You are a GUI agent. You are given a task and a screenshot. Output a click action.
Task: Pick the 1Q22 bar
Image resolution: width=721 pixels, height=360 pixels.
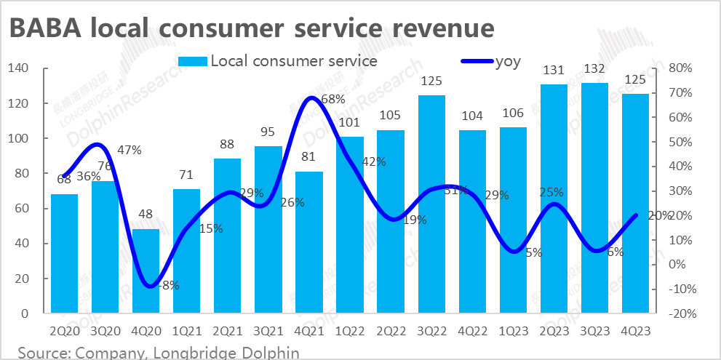(x=350, y=225)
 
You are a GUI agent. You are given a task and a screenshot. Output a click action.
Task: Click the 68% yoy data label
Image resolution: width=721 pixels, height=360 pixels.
(x=332, y=99)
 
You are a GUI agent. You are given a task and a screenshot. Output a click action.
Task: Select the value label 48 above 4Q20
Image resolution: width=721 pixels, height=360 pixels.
(x=146, y=215)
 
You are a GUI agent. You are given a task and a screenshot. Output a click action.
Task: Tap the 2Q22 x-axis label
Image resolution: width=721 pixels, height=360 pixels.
(x=391, y=332)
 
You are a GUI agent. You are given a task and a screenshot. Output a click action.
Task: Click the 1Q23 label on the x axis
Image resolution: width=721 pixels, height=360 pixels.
(x=513, y=332)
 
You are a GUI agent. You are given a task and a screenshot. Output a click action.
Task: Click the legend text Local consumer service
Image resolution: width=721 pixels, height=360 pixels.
(x=293, y=61)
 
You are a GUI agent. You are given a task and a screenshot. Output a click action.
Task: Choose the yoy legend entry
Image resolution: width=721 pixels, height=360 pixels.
(x=507, y=61)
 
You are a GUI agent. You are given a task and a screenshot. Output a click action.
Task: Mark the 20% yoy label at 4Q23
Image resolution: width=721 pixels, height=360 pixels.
(x=659, y=215)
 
